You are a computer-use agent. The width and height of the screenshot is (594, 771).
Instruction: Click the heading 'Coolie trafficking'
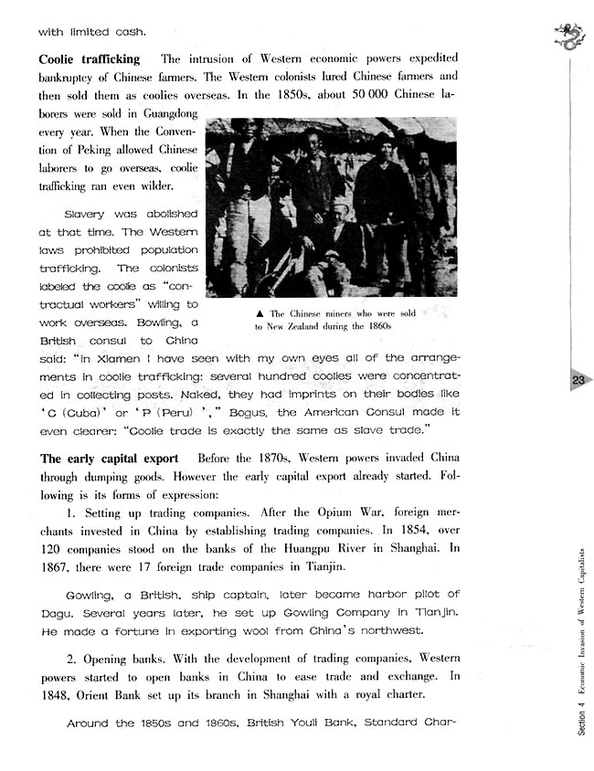click(x=90, y=59)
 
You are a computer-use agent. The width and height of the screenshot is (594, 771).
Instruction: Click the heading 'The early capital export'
click(x=109, y=458)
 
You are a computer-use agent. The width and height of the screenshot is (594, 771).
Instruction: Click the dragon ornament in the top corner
click(x=568, y=36)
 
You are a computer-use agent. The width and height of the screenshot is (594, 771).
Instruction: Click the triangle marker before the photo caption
click(x=260, y=312)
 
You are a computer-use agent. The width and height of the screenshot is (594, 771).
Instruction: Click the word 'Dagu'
click(x=57, y=615)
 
